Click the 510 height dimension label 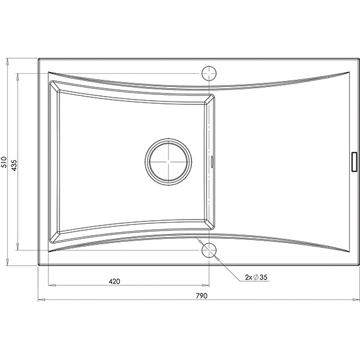point(4,162)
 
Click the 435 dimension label point(14,166)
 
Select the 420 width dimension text point(115,281)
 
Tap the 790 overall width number point(202,296)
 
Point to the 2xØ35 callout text point(256,277)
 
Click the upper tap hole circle point(209,73)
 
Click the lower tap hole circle point(209,250)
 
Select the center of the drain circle point(169,161)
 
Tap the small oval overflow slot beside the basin point(212,161)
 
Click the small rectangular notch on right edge point(355,161)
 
